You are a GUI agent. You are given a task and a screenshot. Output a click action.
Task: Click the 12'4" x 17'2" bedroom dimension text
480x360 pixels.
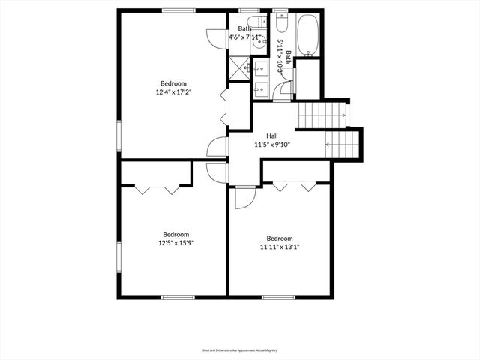172,92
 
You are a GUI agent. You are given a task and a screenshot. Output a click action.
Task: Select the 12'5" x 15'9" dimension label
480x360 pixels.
176,243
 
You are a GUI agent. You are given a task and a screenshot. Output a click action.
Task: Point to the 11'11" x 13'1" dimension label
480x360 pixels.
280,247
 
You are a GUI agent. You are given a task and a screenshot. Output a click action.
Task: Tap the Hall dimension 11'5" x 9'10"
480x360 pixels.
272,144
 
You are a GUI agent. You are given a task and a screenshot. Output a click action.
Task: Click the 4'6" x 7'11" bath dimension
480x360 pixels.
245,37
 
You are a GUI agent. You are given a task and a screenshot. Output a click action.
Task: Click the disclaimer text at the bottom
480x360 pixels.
240,349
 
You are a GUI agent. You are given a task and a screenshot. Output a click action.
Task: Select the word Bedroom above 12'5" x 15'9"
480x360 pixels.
176,234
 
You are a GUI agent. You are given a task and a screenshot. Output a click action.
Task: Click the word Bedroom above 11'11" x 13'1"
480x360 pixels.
280,238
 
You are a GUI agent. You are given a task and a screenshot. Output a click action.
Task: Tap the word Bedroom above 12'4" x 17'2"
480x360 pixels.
172,83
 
